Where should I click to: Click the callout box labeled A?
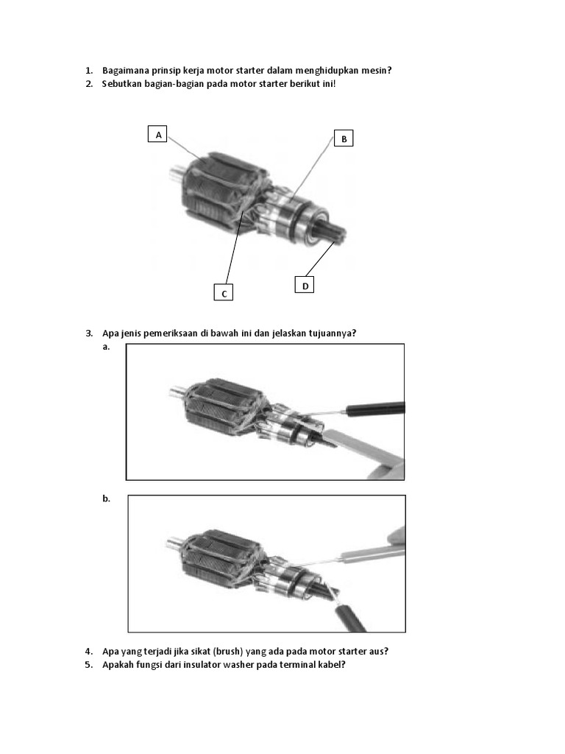pyautogui.click(x=157, y=134)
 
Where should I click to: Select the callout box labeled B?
pyautogui.click(x=344, y=138)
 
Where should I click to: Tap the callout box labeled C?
pyautogui.click(x=224, y=292)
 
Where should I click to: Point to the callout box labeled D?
pyautogui.click(x=305, y=285)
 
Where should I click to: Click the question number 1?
pyautogui.click(x=89, y=71)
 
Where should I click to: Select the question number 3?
pyautogui.click(x=89, y=334)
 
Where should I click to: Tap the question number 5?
pyautogui.click(x=89, y=665)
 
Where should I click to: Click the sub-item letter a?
pyautogui.click(x=106, y=347)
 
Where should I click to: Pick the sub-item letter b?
pyautogui.click(x=106, y=498)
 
